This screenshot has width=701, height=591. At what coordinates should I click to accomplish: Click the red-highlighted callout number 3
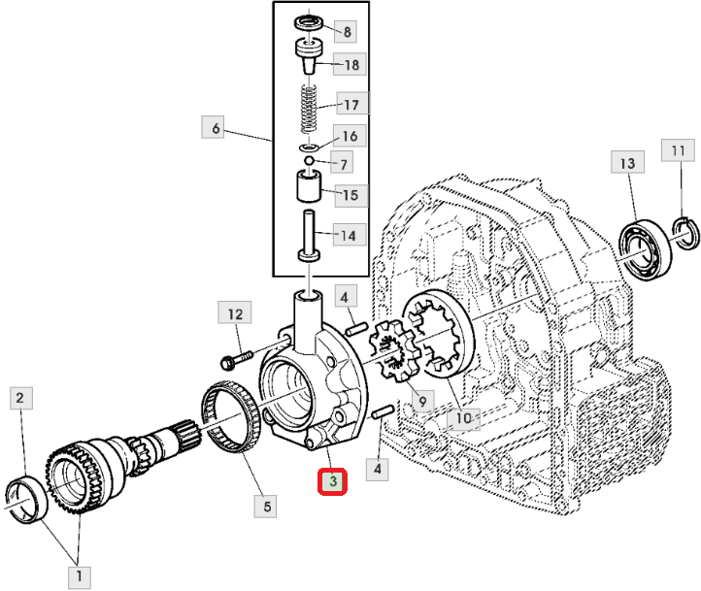pos(332,481)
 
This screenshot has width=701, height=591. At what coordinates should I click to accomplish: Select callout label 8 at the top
pos(347,32)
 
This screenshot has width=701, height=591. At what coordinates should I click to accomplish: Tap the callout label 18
pos(351,64)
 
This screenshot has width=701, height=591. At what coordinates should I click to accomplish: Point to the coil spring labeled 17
pos(308,109)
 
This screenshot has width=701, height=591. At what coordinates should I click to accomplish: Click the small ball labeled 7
pos(309,160)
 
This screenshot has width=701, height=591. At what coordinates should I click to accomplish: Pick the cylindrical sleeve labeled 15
pos(309,185)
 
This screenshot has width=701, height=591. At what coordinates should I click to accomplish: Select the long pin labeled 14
pos(309,236)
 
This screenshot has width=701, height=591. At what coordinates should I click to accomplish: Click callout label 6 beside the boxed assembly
pos(213,128)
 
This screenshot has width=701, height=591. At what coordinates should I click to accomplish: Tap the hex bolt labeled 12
pos(237,359)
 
